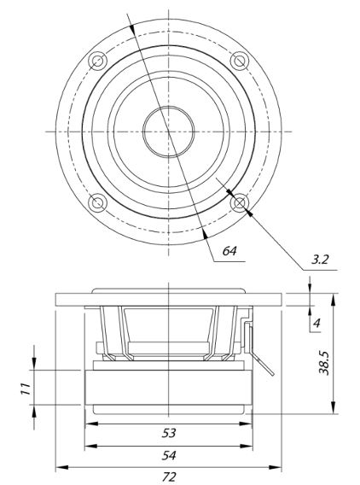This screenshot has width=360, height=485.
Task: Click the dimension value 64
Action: (229, 250)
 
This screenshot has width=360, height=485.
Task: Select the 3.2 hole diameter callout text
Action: (320, 260)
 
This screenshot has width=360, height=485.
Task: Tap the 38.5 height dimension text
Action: (324, 363)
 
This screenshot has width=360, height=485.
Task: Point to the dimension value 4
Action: (316, 324)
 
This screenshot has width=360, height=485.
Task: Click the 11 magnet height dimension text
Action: (26, 389)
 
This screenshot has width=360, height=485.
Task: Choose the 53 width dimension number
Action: (169, 433)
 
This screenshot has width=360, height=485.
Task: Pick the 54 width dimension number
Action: (169, 455)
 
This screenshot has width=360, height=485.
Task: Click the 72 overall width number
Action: (169, 476)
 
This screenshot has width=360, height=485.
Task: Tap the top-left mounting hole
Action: (97, 61)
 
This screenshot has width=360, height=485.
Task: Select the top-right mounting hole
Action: (240, 61)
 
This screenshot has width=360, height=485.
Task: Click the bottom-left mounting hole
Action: (97, 203)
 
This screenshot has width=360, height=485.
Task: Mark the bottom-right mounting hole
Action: (240, 203)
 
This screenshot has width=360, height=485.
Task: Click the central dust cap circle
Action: (169, 106)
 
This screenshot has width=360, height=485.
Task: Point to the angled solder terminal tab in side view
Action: (263, 364)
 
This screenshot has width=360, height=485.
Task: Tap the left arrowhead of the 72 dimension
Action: (61, 467)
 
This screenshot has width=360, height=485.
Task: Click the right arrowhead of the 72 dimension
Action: (276, 467)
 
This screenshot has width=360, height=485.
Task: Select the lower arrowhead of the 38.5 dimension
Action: (333, 407)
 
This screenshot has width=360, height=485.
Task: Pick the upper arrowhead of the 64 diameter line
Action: (132, 28)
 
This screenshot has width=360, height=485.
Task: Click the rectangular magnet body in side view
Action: (169, 388)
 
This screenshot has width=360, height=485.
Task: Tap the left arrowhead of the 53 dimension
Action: (91, 424)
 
